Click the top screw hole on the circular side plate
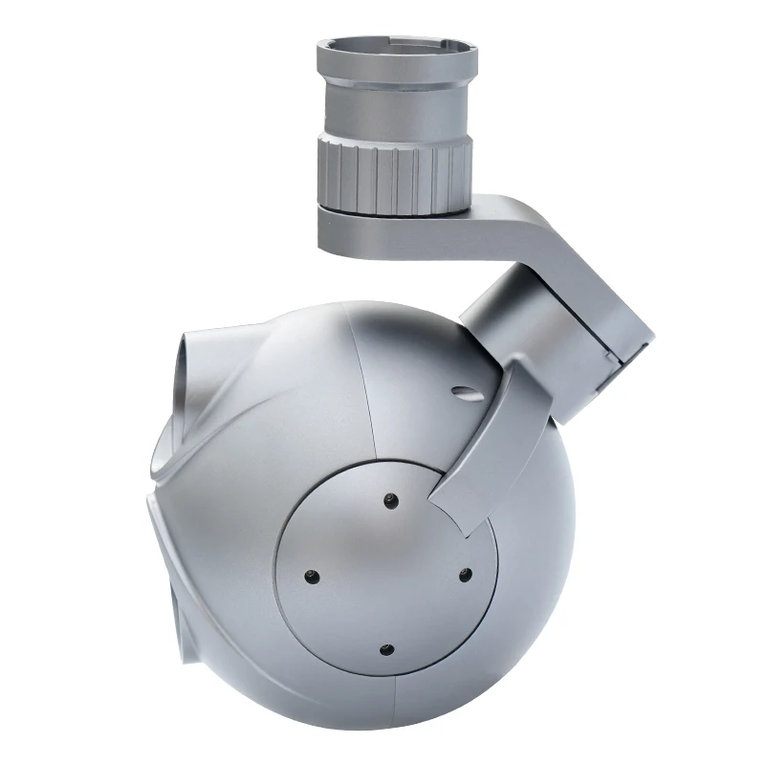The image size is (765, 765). point(390,499)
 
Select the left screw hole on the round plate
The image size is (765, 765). point(311,576)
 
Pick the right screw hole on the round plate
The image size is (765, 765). point(465,574)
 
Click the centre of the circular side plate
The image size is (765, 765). point(387,574)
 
